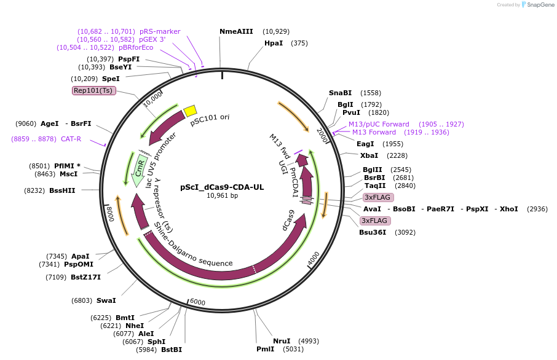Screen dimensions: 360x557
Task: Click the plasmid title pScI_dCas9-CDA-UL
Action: [222, 187]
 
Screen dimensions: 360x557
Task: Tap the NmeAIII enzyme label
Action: [236, 31]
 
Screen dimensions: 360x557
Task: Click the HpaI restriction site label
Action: [274, 43]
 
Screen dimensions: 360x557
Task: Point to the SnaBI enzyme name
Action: [340, 93]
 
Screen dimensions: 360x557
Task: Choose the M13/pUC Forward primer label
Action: [379, 124]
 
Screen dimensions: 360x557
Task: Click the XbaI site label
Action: [369, 155]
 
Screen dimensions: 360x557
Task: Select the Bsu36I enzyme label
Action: [373, 232]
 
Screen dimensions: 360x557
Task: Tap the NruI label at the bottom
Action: [282, 341]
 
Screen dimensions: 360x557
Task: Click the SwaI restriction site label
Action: [106, 300]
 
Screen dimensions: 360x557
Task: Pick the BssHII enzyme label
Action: [62, 190]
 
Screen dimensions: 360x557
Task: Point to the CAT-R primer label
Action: [71, 139]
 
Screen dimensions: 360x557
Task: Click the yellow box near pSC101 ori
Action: [191, 111]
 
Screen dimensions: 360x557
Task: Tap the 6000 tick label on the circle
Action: [197, 302]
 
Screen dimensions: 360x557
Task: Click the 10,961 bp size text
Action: [222, 196]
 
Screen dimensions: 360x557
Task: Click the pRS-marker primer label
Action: [160, 31]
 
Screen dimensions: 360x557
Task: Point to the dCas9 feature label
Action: [288, 221]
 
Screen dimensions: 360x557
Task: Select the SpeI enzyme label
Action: [111, 79]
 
